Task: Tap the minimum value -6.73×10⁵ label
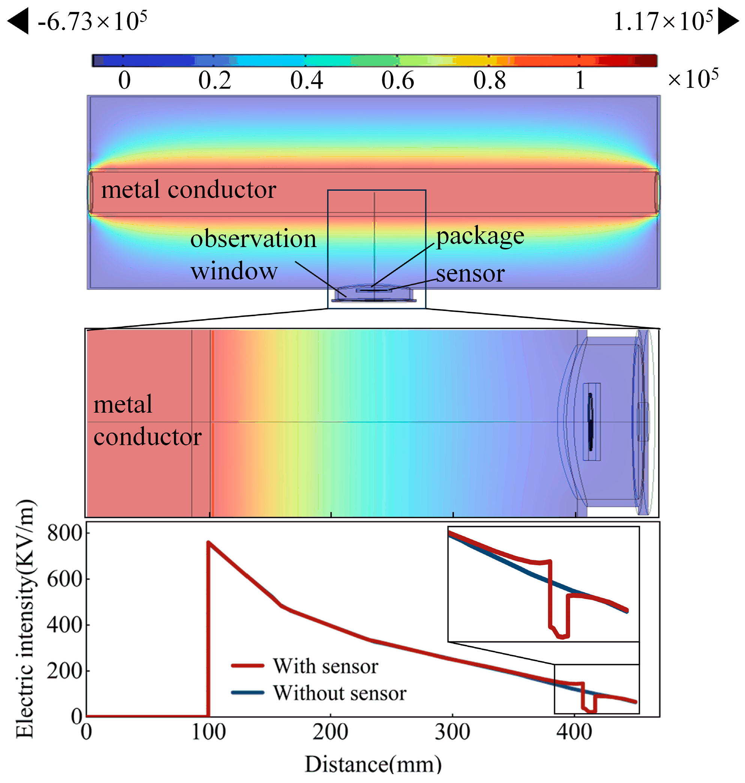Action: [x=93, y=22]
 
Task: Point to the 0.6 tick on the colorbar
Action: [x=398, y=81]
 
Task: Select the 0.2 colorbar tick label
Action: [x=215, y=81]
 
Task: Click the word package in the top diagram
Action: [x=480, y=236]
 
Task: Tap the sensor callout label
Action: [x=470, y=274]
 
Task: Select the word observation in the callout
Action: [x=253, y=239]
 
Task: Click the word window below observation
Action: [x=234, y=271]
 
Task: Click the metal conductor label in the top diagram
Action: [x=189, y=190]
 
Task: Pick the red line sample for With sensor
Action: [x=248, y=666]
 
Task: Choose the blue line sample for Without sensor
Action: [x=248, y=693]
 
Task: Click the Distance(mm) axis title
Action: [x=373, y=764]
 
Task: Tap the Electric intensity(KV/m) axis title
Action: [x=25, y=619]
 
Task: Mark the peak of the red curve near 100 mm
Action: [x=208, y=542]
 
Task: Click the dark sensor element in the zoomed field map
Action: [x=590, y=422]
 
